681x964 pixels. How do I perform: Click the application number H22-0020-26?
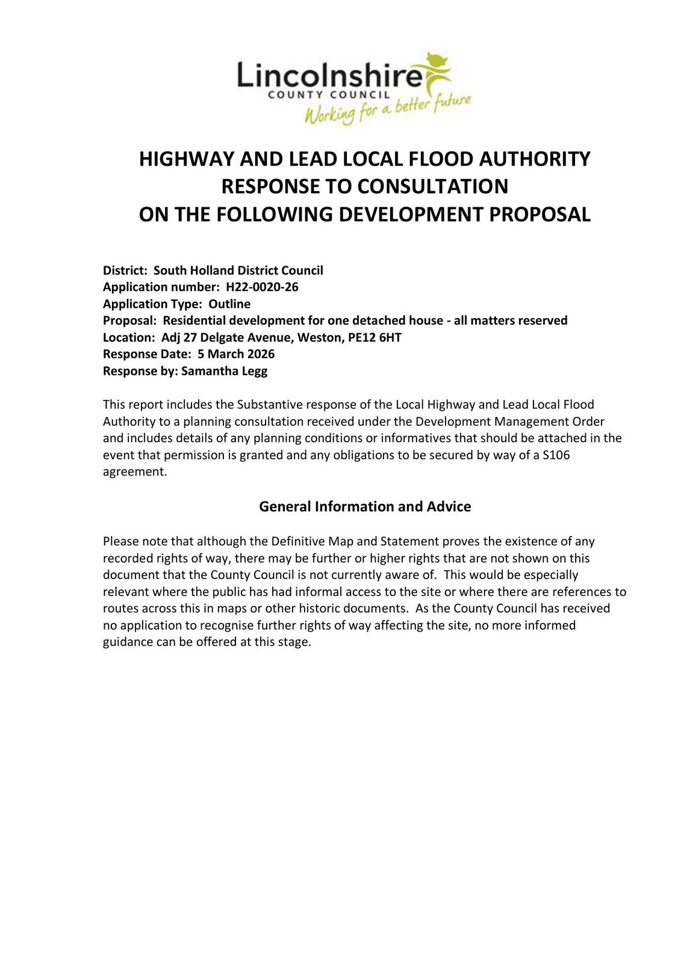(x=262, y=287)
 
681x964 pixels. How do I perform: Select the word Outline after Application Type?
(x=229, y=304)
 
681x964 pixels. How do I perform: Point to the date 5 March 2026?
(x=236, y=354)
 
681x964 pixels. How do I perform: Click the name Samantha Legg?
(x=224, y=371)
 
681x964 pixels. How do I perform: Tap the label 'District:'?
(x=125, y=271)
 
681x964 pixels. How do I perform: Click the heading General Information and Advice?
(x=365, y=507)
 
